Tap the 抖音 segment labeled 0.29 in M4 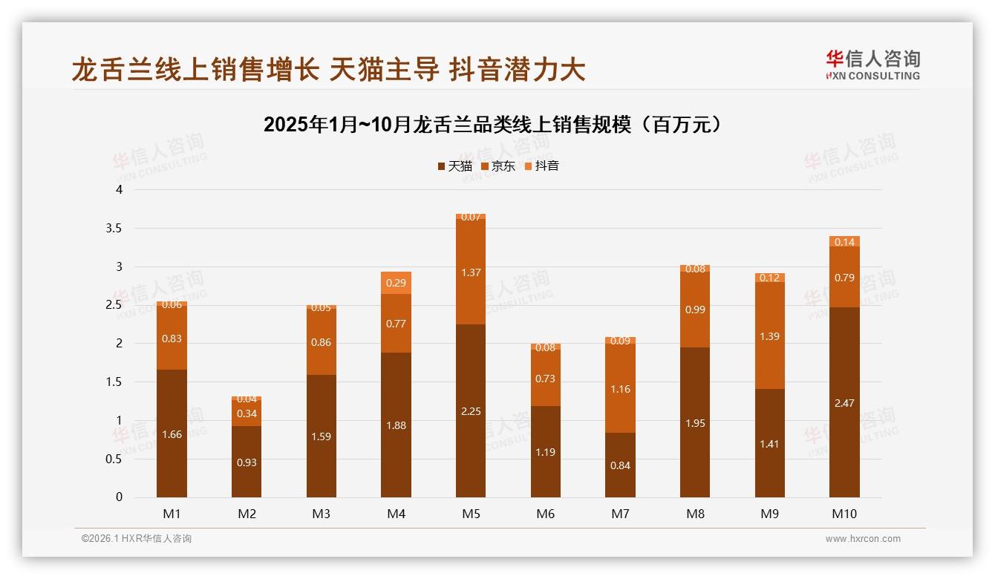coord(396,283)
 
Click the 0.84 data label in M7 coord(620,465)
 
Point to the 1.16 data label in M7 coord(620,389)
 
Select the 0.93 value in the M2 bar coord(247,462)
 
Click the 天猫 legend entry coord(454,166)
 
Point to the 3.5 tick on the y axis coord(114,228)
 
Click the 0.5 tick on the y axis coord(114,459)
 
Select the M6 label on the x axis coord(546,514)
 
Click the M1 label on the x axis coord(172,514)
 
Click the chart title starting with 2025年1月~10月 coord(492,125)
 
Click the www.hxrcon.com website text coord(863,539)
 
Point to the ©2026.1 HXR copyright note coord(137,539)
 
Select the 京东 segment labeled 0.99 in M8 coord(695,310)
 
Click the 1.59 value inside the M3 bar coord(322,436)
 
